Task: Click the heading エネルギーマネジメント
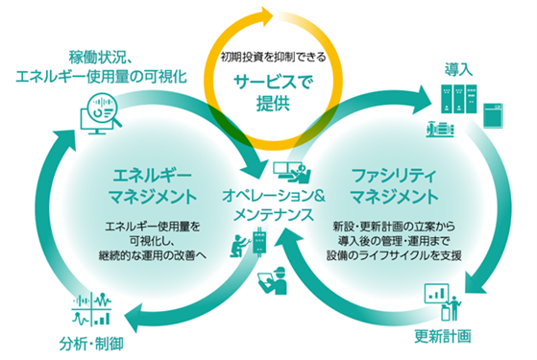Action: point(153,188)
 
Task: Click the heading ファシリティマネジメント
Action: point(381,188)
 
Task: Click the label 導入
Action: point(459,69)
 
